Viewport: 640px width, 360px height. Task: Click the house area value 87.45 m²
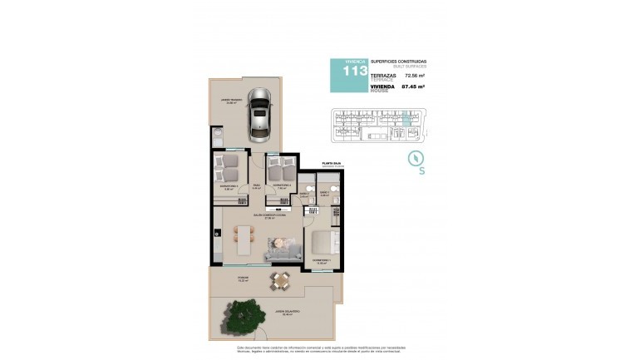[x=413, y=86]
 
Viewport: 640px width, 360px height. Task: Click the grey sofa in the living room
[x=283, y=247]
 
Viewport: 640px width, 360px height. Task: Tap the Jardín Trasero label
[x=230, y=100]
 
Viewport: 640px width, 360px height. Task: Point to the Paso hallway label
[x=257, y=185]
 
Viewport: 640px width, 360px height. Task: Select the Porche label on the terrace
[x=243, y=277]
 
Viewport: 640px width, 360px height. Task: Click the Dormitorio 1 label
[x=321, y=261]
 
